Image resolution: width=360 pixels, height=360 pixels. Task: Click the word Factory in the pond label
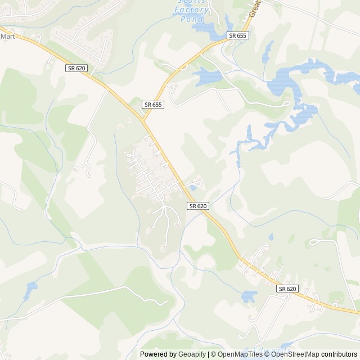coord(191,10)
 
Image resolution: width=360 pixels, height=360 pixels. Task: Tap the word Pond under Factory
coord(192,19)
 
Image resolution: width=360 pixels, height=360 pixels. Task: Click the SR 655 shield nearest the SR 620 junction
coord(152,105)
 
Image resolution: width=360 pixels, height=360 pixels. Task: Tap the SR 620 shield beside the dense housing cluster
coord(198,206)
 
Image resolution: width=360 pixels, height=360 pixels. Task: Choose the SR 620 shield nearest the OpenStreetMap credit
coord(286,289)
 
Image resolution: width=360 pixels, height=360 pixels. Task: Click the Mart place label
coord(7,36)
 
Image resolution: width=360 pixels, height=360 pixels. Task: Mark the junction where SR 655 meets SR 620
coord(143,120)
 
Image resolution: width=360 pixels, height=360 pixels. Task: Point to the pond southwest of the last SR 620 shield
coord(249,296)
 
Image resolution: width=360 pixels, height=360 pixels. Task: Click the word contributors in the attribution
coord(339,354)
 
